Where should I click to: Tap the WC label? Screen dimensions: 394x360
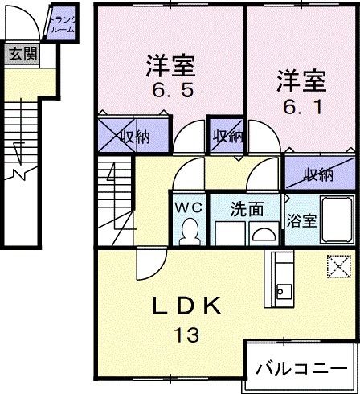click(x=189, y=207)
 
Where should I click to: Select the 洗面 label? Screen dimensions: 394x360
click(x=247, y=209)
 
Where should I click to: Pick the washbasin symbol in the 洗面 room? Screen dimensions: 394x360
click(x=264, y=232)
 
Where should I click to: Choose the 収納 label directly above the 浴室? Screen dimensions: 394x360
click(x=320, y=174)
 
